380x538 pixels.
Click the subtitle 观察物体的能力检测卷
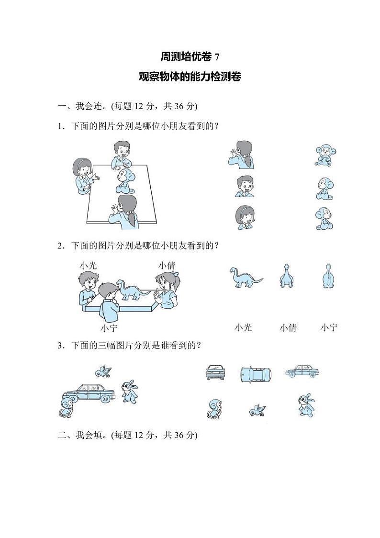click(190, 77)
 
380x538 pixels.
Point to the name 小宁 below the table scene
click(109, 328)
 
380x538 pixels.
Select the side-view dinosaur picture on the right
click(246, 277)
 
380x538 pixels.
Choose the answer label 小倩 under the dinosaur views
click(288, 328)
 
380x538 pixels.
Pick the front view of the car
click(215, 372)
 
